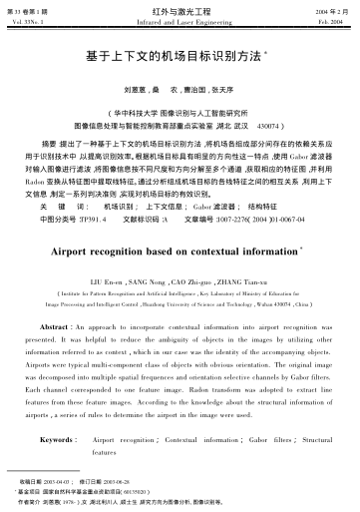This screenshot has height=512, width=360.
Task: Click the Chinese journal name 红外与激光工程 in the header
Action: coord(180,8)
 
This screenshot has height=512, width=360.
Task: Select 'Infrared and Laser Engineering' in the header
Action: coord(180,19)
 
